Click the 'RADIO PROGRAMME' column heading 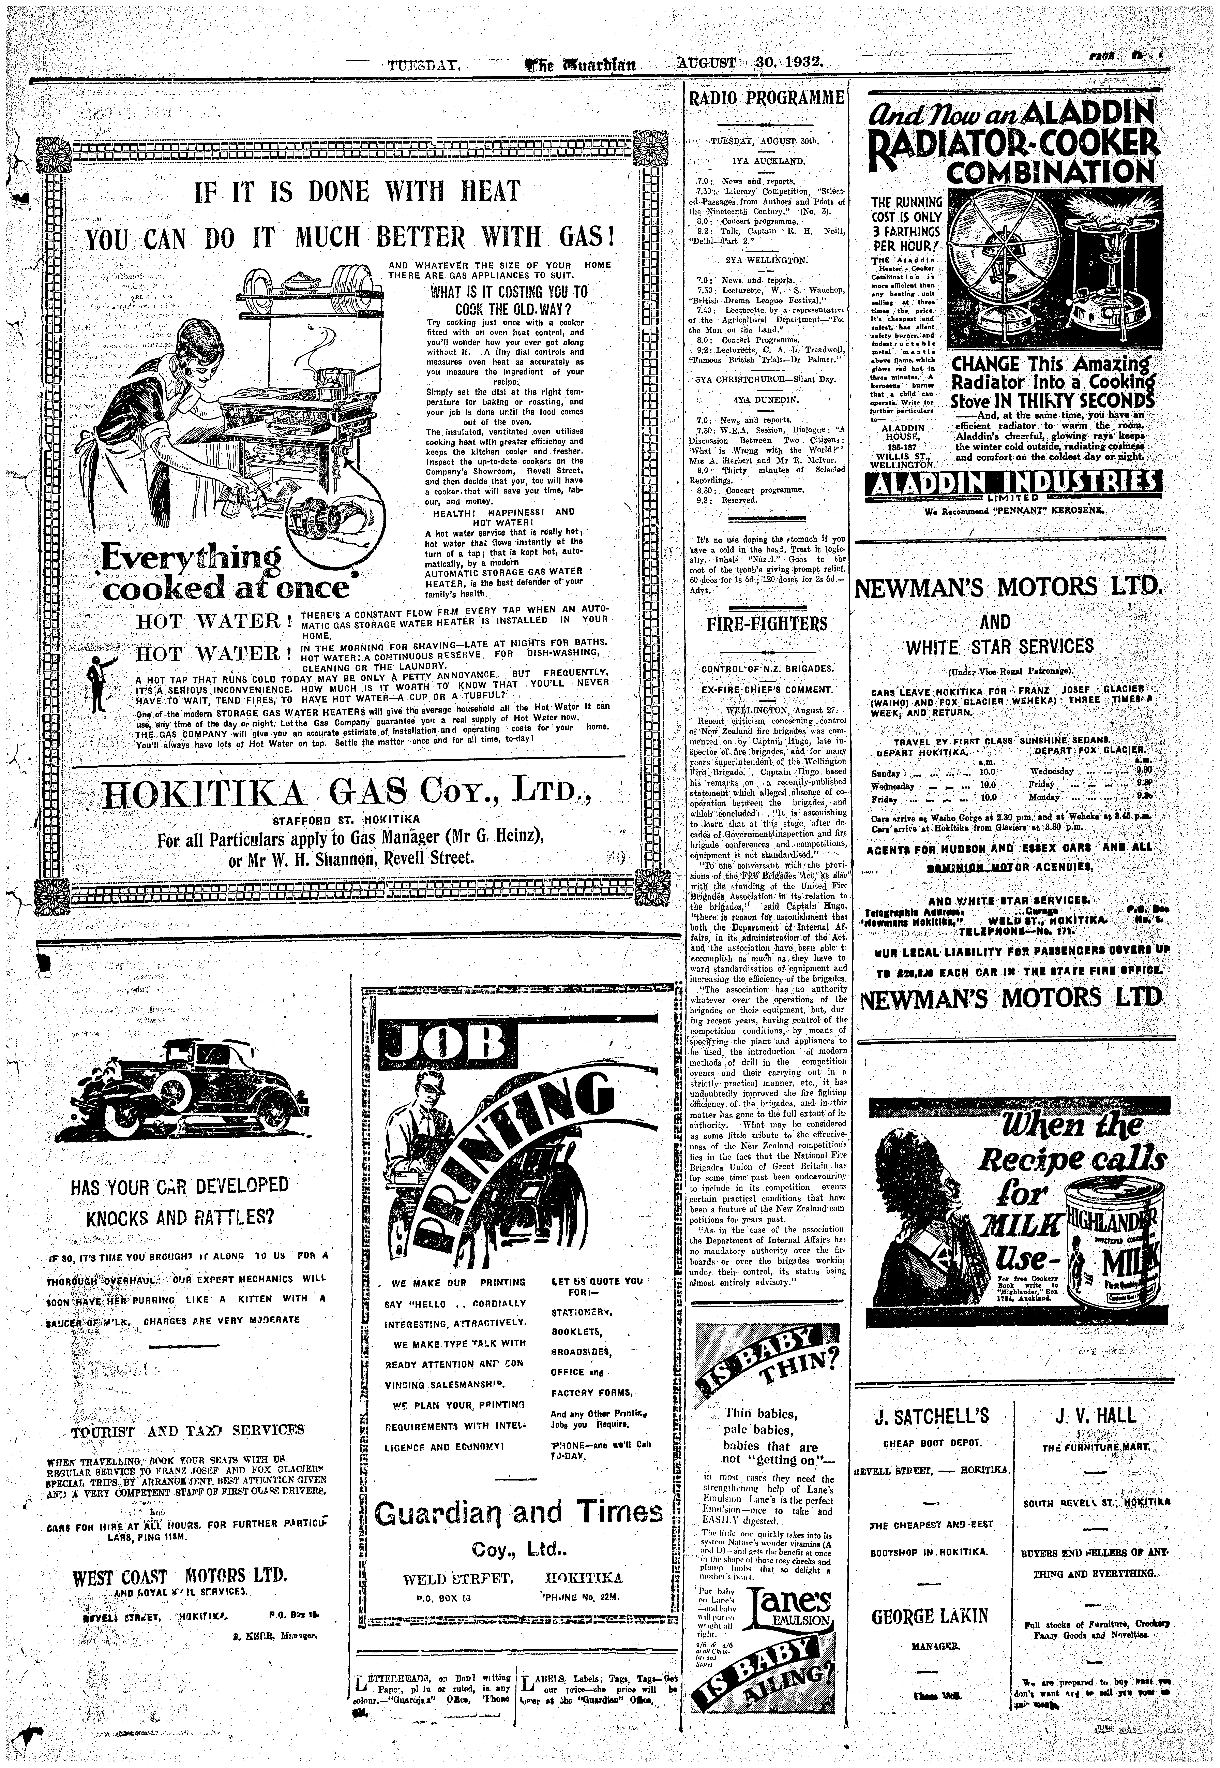765,99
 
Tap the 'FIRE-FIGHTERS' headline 765,623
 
